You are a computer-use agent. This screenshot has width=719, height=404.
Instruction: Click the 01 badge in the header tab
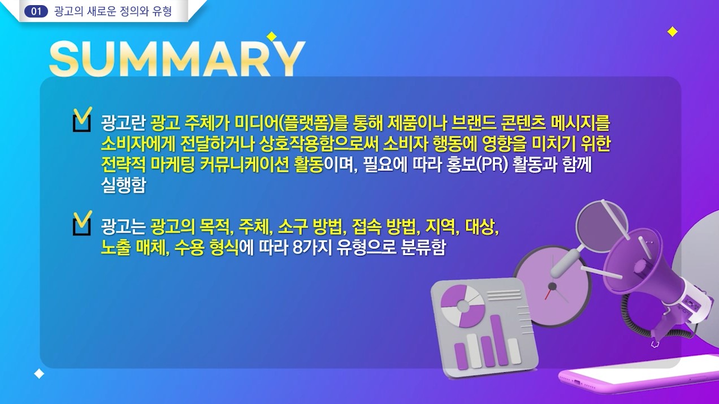click(x=36, y=11)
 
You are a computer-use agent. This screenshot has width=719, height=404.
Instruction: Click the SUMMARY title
click(x=177, y=59)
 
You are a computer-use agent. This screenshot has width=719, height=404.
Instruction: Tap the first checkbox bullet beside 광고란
click(x=82, y=119)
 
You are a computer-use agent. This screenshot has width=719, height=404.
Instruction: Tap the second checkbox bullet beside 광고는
click(x=82, y=223)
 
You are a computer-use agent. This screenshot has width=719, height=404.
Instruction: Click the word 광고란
click(x=123, y=123)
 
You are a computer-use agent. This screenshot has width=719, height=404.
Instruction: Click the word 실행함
click(x=123, y=185)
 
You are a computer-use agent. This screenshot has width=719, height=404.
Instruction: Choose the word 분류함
click(x=423, y=247)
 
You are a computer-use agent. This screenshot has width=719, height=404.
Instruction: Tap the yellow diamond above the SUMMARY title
click(x=271, y=37)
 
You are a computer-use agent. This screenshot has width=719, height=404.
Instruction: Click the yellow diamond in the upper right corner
click(x=672, y=32)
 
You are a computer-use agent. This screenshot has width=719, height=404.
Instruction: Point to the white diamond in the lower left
click(x=39, y=374)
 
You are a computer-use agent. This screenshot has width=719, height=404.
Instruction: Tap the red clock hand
click(x=548, y=293)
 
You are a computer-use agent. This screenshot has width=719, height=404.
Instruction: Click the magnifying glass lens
click(x=601, y=226)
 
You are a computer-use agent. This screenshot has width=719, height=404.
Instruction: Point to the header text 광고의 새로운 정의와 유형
click(x=113, y=11)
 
